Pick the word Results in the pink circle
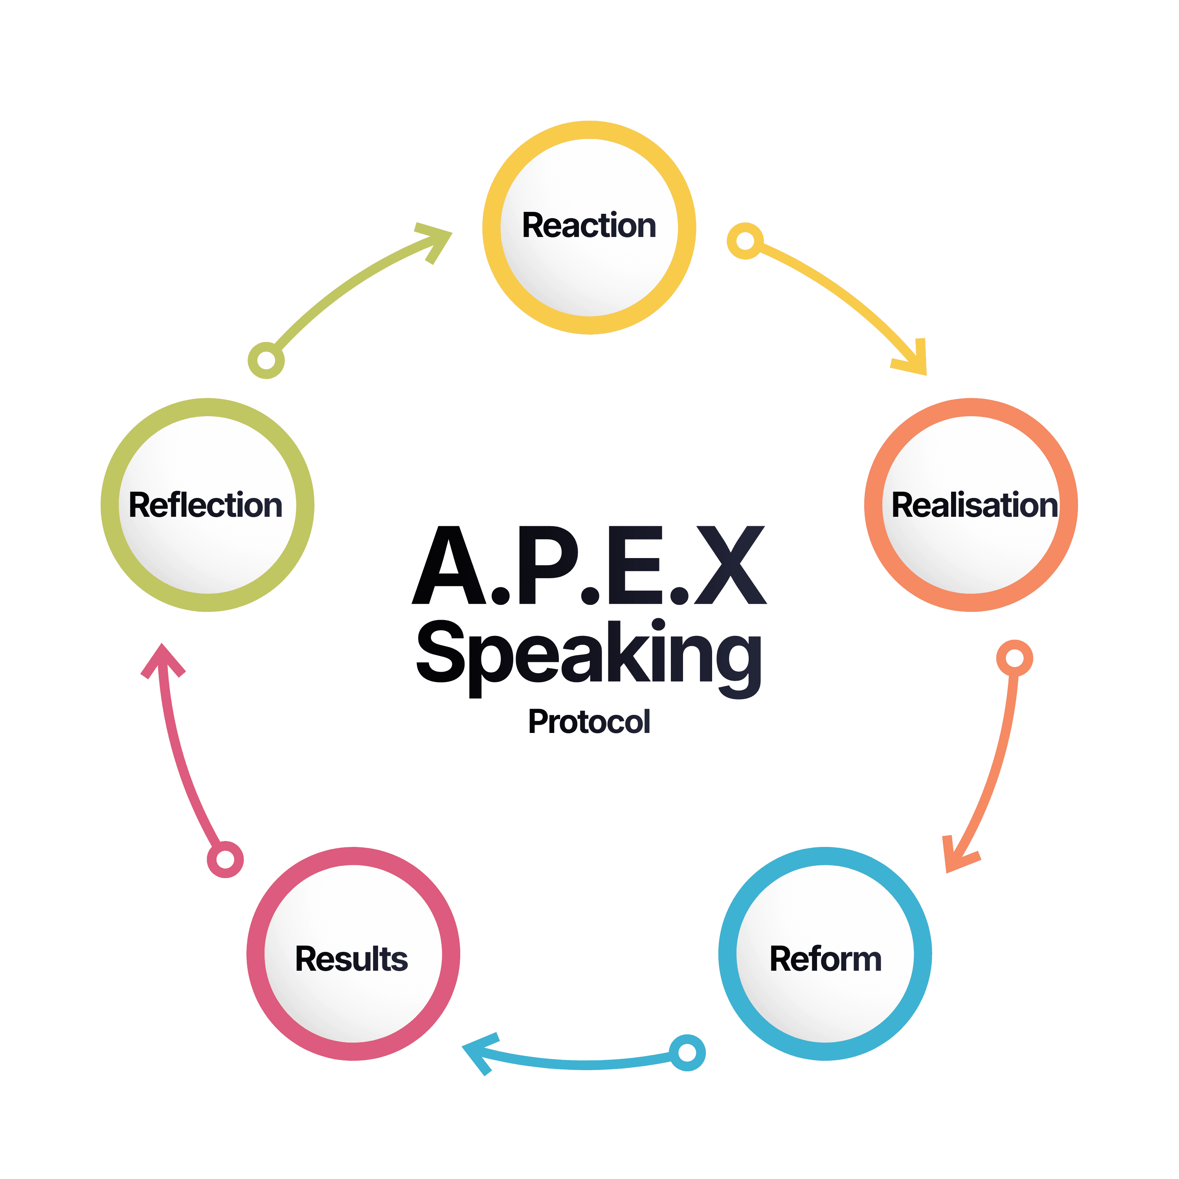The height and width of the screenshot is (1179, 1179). click(351, 959)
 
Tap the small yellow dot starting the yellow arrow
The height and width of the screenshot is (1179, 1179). click(744, 241)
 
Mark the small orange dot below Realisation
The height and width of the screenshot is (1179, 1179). click(1014, 658)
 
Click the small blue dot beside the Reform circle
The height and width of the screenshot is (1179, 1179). click(687, 1053)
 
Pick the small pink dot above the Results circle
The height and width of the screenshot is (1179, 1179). click(225, 859)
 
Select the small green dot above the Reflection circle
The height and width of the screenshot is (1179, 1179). click(266, 360)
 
